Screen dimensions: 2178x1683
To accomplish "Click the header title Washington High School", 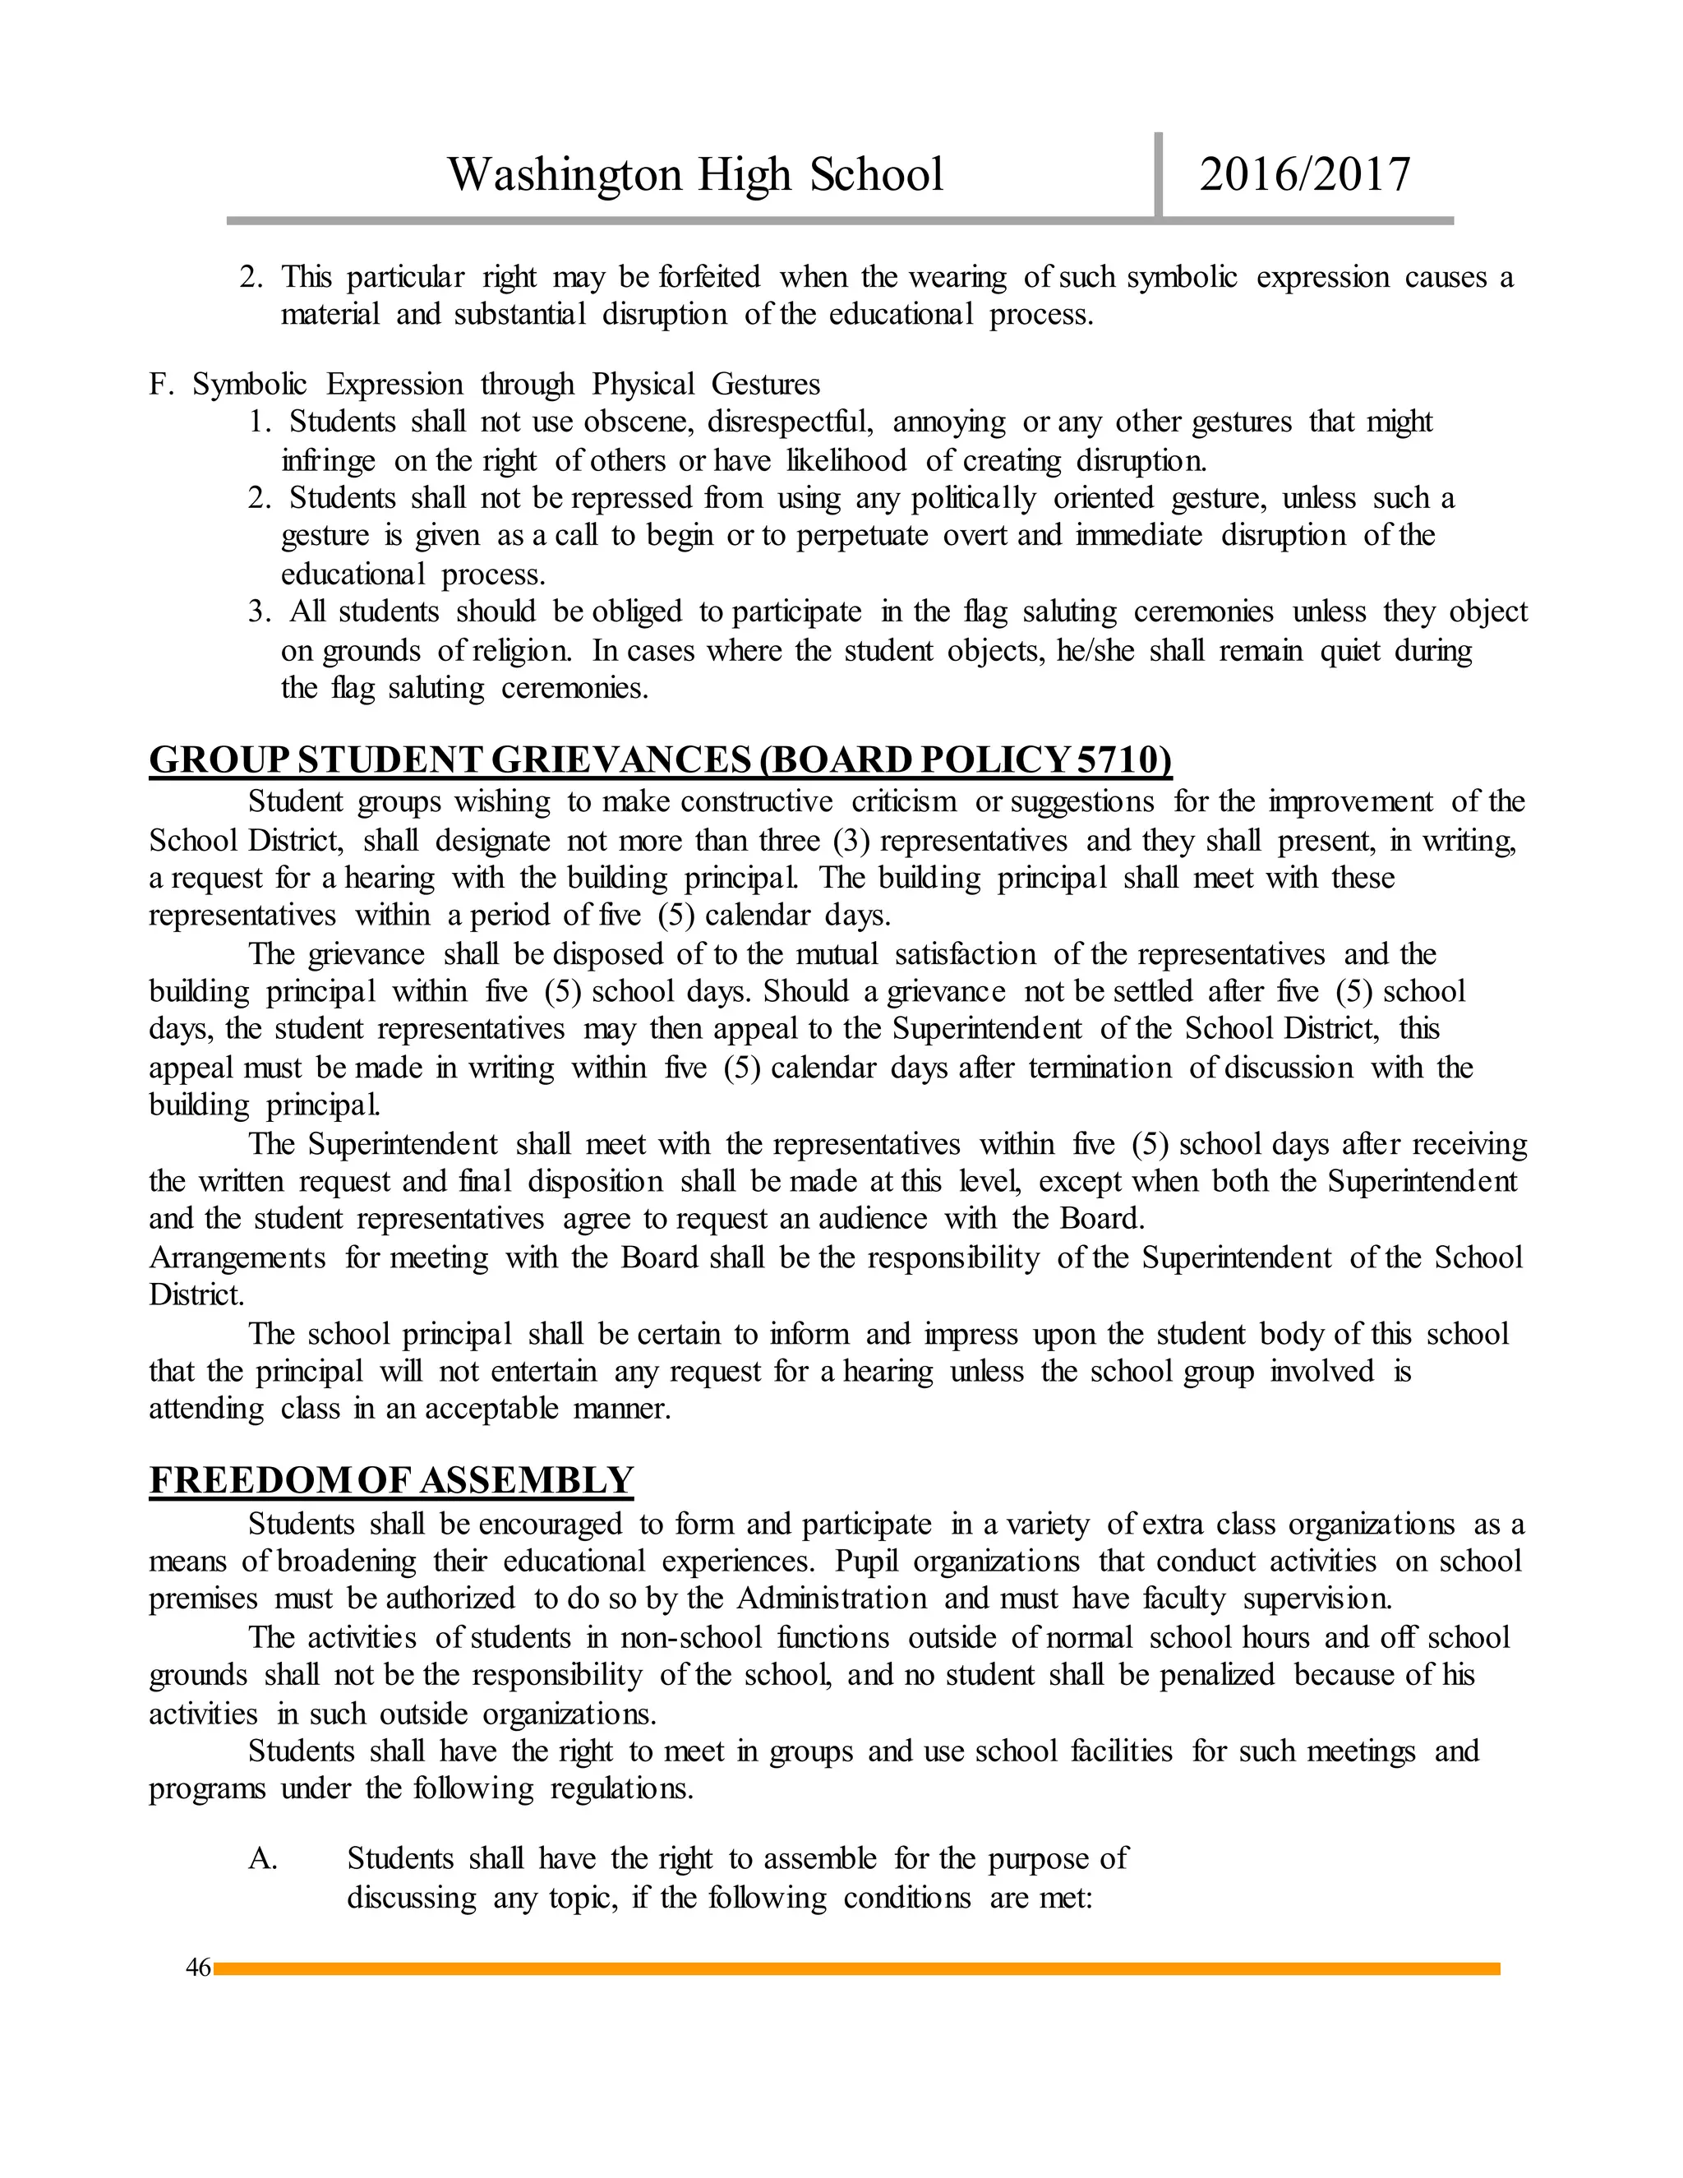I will tap(695, 174).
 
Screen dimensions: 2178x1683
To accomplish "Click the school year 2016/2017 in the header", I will tap(1304, 174).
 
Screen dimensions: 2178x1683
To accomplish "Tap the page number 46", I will tap(198, 1967).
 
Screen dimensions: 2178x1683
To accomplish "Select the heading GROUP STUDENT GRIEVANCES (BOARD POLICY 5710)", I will tap(660, 760).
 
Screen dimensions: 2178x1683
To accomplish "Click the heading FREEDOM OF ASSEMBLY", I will tap(391, 1480).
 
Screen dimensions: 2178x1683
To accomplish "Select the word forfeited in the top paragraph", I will tap(709, 276).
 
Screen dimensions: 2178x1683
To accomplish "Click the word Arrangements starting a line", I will tap(237, 1257).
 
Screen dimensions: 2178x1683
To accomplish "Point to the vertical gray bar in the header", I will tap(1159, 174).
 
